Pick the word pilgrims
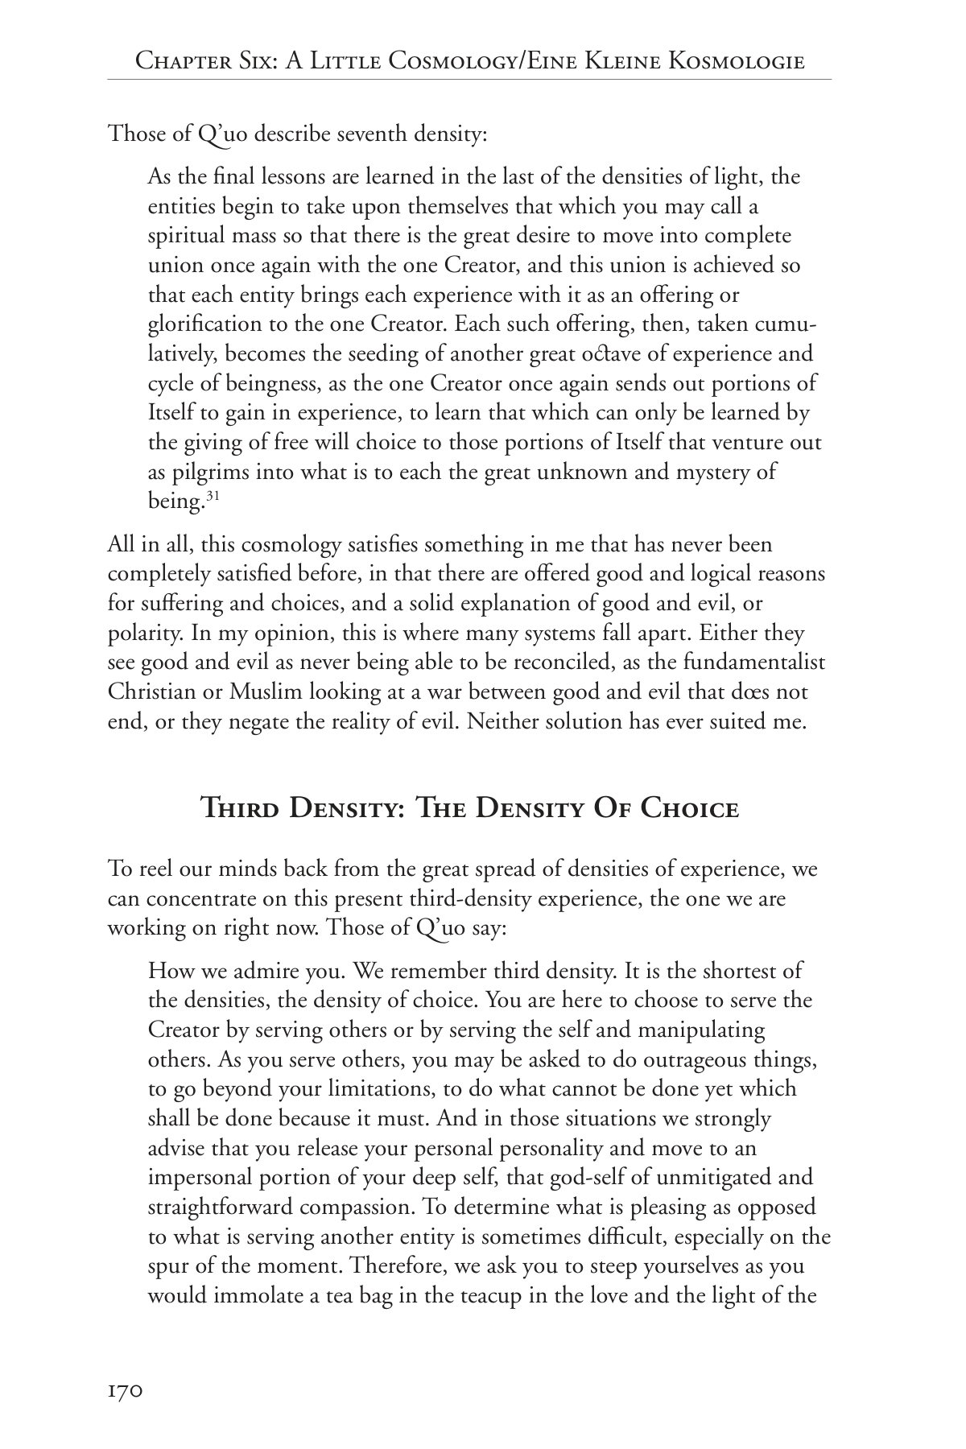pyautogui.click(x=212, y=472)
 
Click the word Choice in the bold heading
pyautogui.click(x=690, y=807)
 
